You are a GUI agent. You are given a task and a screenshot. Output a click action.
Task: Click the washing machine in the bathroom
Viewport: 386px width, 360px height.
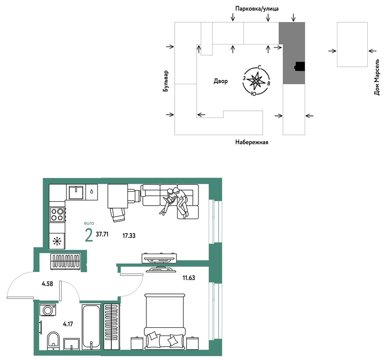[x=48, y=310]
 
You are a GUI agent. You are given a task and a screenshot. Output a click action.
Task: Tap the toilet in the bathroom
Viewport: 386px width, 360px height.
[x=53, y=341]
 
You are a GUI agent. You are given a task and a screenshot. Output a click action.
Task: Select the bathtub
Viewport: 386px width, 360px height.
[x=91, y=327]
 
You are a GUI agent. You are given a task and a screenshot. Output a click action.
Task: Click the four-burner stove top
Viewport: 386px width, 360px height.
[x=57, y=215]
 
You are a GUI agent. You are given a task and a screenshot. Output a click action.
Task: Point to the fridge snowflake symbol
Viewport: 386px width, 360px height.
[x=57, y=241]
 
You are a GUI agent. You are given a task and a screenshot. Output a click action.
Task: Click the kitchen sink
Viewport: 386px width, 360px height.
[x=76, y=193]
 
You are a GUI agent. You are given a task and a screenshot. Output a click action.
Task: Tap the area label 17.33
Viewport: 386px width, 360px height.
[x=129, y=236]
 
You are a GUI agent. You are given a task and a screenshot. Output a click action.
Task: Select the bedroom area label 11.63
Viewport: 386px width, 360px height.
[x=189, y=278]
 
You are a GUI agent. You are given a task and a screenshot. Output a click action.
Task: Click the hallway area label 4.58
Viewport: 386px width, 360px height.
[x=47, y=284]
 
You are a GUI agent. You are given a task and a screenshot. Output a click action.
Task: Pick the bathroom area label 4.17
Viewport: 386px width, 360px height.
[x=68, y=324]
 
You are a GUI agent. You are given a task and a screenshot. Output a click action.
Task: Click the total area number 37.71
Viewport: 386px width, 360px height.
[x=102, y=234]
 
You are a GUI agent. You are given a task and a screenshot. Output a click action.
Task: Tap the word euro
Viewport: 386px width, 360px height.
[x=89, y=223]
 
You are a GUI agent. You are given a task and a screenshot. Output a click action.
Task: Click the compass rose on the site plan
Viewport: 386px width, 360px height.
[x=256, y=81]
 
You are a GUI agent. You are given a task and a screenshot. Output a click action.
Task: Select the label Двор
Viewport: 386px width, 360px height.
[x=221, y=81]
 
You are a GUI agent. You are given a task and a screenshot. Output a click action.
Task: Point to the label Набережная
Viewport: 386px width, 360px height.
[x=252, y=142]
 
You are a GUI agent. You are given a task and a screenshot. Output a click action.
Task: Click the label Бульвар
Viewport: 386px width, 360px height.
[x=166, y=81]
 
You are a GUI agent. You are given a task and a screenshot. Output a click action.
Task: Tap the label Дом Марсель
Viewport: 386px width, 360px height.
[x=377, y=77]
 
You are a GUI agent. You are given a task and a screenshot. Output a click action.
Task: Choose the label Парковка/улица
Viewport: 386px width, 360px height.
[x=257, y=9]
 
